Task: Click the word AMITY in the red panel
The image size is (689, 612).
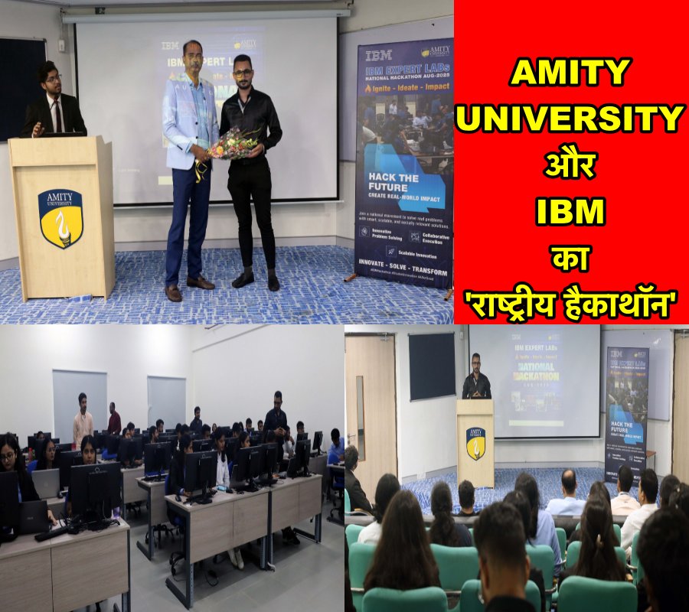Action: click(570, 73)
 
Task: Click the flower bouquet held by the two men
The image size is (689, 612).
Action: click(236, 143)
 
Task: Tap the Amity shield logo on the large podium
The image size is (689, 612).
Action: click(60, 218)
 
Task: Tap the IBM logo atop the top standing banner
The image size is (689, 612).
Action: click(378, 55)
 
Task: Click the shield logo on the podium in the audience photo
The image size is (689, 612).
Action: click(475, 443)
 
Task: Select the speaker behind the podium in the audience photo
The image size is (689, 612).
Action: click(475, 379)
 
